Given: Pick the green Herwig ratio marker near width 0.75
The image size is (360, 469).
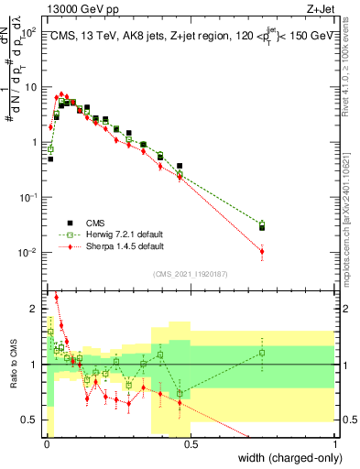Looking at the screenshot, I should (x=262, y=353).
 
